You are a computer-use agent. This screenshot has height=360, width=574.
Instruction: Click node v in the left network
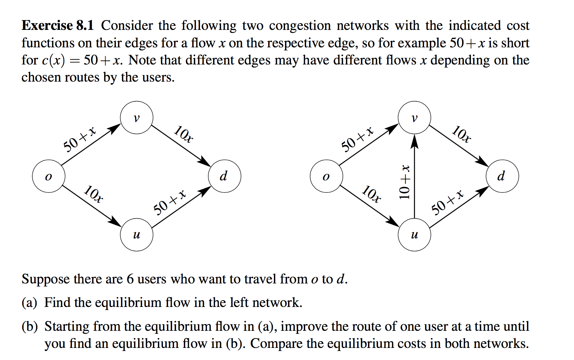pos(136,118)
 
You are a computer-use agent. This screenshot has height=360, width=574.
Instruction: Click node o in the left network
pos(49,176)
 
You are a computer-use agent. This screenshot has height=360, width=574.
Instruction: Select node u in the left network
pos(136,234)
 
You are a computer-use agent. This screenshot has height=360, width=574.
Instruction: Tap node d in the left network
pos(224,176)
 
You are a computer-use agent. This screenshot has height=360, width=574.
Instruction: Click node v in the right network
pos(414,118)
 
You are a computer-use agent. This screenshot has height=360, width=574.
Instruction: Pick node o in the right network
pos(326,176)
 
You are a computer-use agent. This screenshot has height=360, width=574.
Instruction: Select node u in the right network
pos(414,234)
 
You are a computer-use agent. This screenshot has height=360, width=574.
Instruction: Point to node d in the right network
pos(502,176)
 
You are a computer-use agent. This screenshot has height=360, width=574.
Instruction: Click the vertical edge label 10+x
pos(405,182)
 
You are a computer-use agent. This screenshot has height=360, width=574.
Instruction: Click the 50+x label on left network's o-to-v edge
pos(79,139)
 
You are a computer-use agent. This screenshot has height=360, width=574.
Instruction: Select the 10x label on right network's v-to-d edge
pos(461,134)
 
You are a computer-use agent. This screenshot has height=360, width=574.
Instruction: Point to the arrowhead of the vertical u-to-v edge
pos(414,141)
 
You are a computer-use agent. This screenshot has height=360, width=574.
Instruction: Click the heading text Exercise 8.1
pos(57,26)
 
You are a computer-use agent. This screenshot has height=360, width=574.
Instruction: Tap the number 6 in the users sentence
pos(130,279)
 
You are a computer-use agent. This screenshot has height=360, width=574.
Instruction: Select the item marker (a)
pos(29,303)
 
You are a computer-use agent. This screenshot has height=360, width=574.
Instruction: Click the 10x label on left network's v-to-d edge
pos(183,134)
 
